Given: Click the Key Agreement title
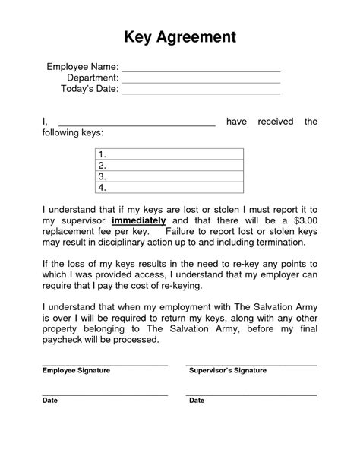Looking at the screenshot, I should pyautogui.click(x=180, y=36).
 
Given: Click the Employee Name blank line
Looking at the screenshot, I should pyautogui.click(x=201, y=71).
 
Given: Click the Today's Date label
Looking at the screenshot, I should pyautogui.click(x=89, y=89).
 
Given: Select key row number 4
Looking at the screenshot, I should pyautogui.click(x=169, y=187).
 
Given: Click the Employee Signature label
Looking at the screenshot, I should pyautogui.click(x=76, y=370).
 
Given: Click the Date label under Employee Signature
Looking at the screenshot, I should pyautogui.click(x=49, y=400).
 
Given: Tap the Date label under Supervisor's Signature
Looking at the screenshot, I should pyautogui.click(x=196, y=400).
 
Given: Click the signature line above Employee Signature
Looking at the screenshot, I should pyautogui.click(x=104, y=366).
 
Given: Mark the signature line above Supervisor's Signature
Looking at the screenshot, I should pyautogui.click(x=251, y=366).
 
